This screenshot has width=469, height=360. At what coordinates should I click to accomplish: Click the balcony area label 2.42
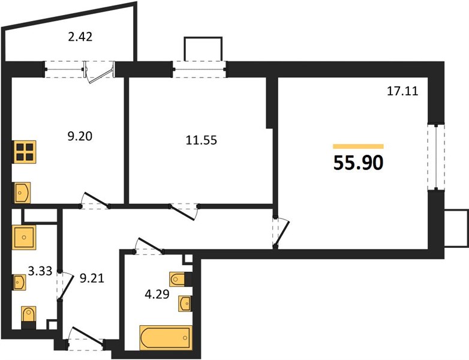tap(80, 37)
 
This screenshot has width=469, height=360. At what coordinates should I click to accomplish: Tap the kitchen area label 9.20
tap(80, 136)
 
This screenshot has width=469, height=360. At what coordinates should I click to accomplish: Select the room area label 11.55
tap(202, 140)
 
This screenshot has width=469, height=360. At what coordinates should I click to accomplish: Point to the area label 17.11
tap(402, 91)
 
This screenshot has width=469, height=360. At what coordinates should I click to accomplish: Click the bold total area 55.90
tap(358, 163)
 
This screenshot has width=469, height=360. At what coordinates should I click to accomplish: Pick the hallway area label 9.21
tap(92, 278)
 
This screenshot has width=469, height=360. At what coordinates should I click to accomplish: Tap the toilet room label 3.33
tap(40, 271)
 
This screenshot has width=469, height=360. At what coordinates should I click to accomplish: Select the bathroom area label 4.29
tap(157, 295)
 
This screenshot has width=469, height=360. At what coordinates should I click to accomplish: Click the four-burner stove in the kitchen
tap(24, 152)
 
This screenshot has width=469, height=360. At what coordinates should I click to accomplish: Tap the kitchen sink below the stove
tap(22, 193)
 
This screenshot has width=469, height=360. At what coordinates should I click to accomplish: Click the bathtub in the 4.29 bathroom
tap(166, 338)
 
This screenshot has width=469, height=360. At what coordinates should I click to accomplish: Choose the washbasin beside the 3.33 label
tap(20, 282)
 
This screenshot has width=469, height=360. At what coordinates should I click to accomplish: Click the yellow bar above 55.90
tap(358, 146)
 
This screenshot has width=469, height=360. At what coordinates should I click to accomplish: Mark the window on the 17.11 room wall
tap(436, 157)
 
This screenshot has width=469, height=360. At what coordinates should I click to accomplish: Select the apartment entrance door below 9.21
tap(86, 339)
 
